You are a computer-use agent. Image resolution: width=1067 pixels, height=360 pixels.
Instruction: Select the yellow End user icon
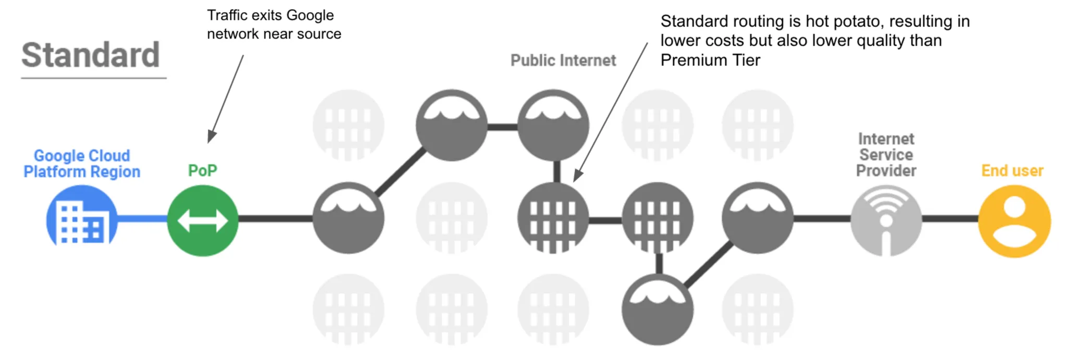pyautogui.click(x=1014, y=221)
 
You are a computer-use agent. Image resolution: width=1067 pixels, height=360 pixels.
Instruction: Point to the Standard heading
pyautogui.click(x=91, y=55)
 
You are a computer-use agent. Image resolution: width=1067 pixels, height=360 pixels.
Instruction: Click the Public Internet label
pyautogui.click(x=563, y=60)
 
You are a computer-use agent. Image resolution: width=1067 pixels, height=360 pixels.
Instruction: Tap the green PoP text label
pyautogui.click(x=202, y=170)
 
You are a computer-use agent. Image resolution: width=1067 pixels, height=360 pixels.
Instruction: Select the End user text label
pyautogui.click(x=1012, y=170)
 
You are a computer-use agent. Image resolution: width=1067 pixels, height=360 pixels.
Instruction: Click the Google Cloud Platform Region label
pyautogui.click(x=82, y=164)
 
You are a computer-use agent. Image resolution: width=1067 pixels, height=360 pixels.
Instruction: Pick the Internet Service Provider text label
pyautogui.click(x=886, y=155)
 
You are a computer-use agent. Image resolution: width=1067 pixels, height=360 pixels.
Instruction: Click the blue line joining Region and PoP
pyautogui.click(x=142, y=219)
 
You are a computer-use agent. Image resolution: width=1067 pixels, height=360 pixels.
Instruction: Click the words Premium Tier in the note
pyautogui.click(x=710, y=60)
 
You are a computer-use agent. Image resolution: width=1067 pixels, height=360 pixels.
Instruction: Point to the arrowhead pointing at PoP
pyautogui.click(x=211, y=136)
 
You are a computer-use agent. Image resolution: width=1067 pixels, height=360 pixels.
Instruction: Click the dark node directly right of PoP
pyautogui.click(x=348, y=218)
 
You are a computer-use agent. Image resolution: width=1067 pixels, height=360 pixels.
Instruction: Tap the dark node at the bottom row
pyautogui.click(x=657, y=310)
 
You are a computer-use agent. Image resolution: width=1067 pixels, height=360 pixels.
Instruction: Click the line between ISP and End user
pyautogui.click(x=950, y=219)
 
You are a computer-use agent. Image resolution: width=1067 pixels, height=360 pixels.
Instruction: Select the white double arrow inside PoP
pyautogui.click(x=203, y=221)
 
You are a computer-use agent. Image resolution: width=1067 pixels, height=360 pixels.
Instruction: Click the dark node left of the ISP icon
pyautogui.click(x=757, y=218)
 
